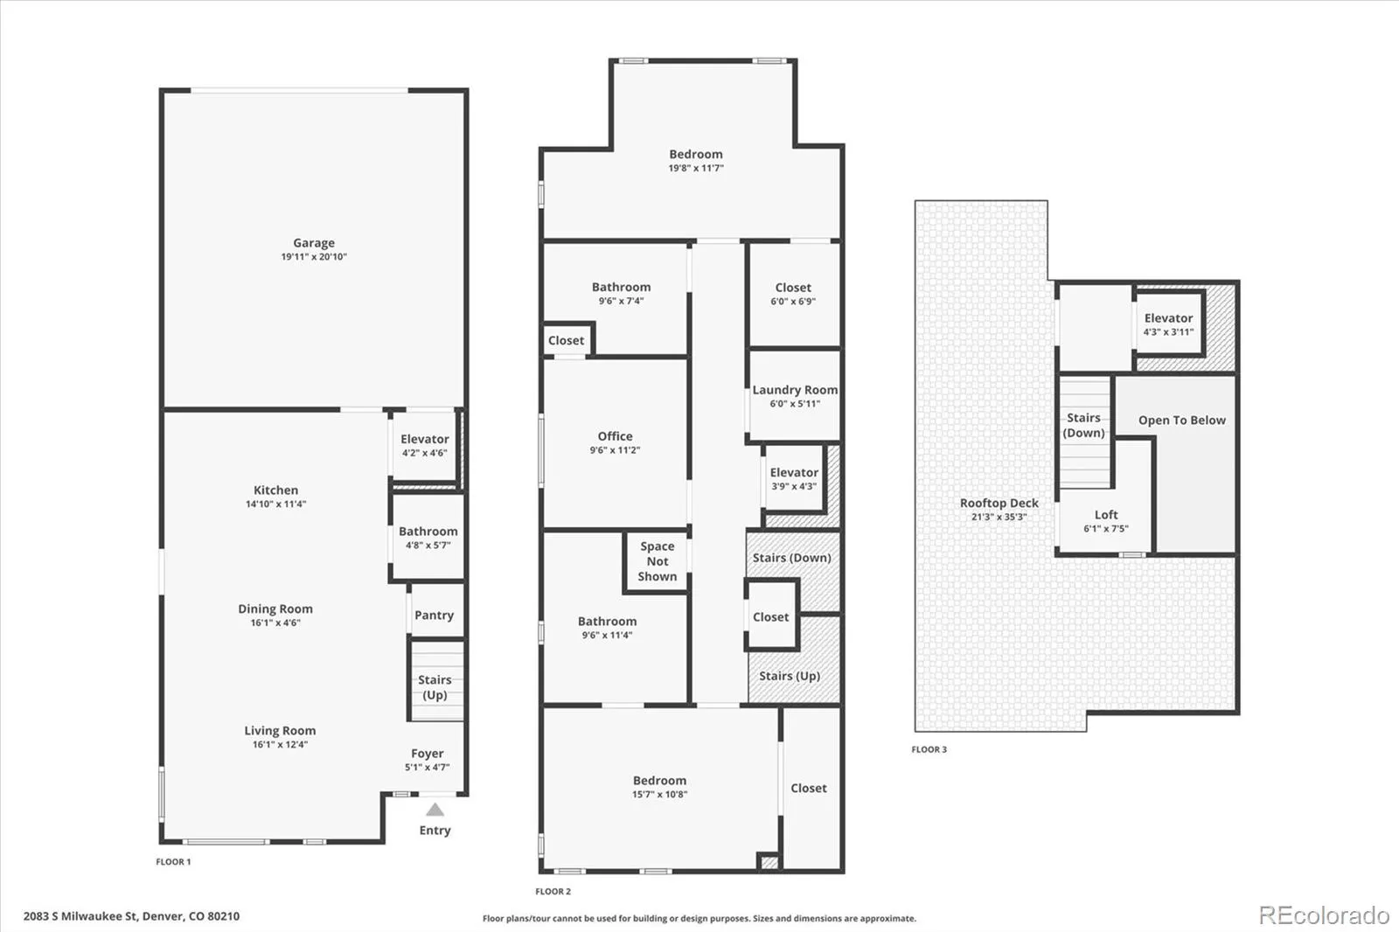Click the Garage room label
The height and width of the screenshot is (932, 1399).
click(x=314, y=243)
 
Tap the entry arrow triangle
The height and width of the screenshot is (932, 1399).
click(x=435, y=810)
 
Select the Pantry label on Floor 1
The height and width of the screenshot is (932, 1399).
click(x=434, y=616)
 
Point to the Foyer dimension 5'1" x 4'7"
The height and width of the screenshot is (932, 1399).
click(x=428, y=767)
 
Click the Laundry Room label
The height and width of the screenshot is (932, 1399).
click(x=795, y=390)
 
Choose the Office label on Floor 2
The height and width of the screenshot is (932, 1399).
click(x=616, y=436)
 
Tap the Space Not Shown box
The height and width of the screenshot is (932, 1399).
click(x=657, y=561)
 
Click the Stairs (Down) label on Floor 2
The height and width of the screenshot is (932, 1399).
click(x=792, y=558)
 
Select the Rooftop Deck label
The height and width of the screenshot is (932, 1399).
click(x=999, y=503)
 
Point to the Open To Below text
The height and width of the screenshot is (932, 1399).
click(x=1181, y=421)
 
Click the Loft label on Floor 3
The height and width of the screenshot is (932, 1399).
click(x=1106, y=515)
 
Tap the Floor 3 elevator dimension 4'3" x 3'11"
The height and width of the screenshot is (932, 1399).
click(x=1168, y=331)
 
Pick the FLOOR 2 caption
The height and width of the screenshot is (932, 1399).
click(x=553, y=892)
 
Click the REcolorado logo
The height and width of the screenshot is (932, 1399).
click(x=1324, y=915)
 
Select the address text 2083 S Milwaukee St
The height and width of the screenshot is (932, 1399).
click(x=80, y=916)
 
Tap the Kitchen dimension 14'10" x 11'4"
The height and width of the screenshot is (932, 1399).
click(x=276, y=504)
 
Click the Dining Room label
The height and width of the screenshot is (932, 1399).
click(x=275, y=609)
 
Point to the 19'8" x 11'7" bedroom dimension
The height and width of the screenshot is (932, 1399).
click(x=696, y=168)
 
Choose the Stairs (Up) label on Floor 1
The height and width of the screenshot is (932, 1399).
click(x=435, y=687)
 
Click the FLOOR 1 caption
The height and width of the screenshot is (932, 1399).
click(x=174, y=861)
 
